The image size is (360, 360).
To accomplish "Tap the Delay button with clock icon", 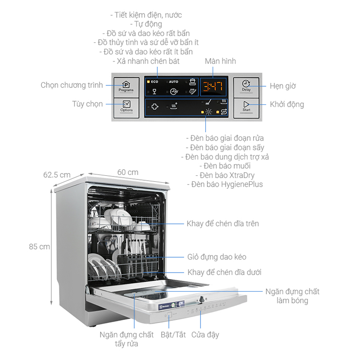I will click(x=246, y=86).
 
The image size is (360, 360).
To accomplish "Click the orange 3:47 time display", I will click(x=213, y=86).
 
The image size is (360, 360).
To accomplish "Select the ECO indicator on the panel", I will click(x=154, y=82).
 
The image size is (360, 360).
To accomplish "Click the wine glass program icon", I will click(x=154, y=91).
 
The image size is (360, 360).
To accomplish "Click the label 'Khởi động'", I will click(x=287, y=104).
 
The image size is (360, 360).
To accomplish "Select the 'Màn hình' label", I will click(x=220, y=61).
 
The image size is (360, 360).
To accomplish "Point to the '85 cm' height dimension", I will click(x=40, y=247).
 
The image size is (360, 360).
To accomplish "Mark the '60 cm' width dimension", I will click(x=127, y=172).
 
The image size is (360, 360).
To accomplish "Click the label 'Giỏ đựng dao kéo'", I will click(x=217, y=257).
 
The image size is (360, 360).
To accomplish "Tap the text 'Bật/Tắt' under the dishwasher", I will click(x=173, y=334).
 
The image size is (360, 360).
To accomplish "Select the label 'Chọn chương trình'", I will click(x=72, y=85).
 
